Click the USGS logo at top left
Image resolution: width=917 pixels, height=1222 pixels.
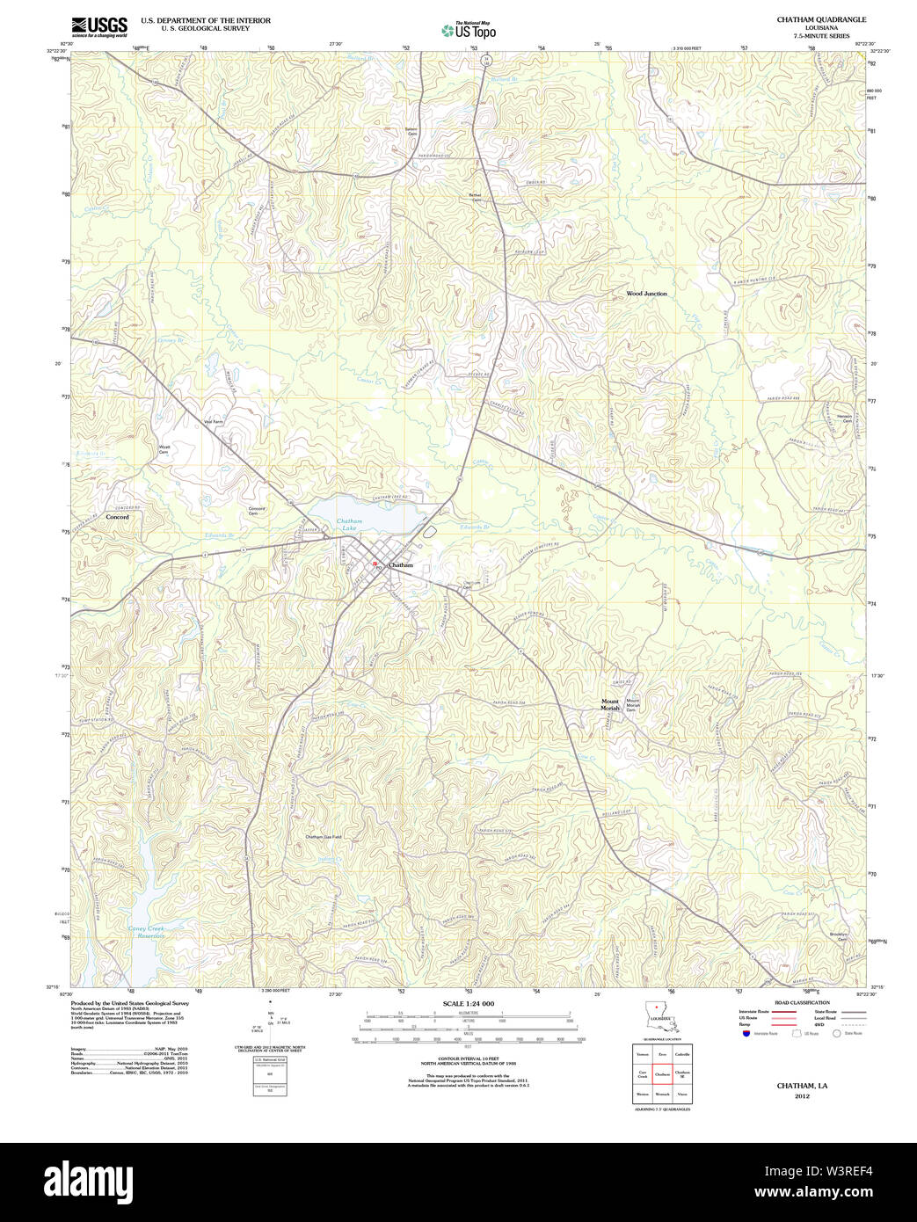(x=98, y=25)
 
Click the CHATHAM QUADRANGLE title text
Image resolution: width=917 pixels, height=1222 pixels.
(x=809, y=19)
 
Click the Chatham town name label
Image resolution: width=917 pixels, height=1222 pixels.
(x=401, y=565)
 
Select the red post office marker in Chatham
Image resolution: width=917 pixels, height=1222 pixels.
(x=375, y=565)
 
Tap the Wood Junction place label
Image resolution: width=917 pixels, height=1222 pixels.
(x=646, y=294)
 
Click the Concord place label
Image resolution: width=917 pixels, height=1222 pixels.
(x=117, y=517)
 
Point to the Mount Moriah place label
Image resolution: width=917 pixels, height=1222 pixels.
(x=610, y=704)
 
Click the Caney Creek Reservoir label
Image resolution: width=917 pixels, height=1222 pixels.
(x=146, y=932)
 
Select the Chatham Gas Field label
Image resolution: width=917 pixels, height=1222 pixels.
(x=324, y=837)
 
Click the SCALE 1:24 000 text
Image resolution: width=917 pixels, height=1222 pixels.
(x=468, y=1003)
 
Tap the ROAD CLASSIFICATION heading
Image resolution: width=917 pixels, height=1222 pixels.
(x=801, y=1002)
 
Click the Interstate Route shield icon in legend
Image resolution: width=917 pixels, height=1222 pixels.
(x=746, y=1034)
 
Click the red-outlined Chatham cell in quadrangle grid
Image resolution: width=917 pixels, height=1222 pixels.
(x=662, y=1073)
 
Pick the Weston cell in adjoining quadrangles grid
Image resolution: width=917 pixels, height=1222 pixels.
(x=643, y=1095)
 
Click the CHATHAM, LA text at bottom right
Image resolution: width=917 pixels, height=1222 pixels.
(x=802, y=1086)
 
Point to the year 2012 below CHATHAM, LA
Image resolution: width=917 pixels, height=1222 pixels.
(x=802, y=1096)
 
